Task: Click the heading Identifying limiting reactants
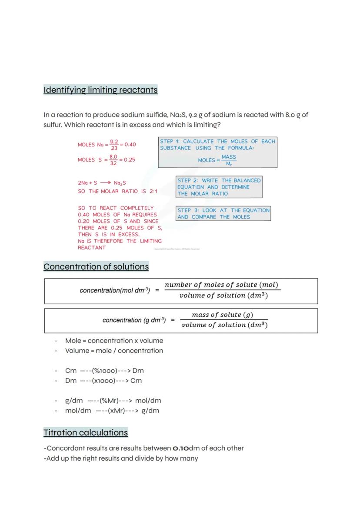tap(100, 90)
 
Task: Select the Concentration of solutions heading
tap(96, 267)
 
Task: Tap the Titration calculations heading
tap(86, 433)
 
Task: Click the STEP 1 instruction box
tap(217, 153)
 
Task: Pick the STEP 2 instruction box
tap(219, 187)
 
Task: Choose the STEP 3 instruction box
tap(223, 213)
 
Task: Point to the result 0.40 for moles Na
tap(130, 145)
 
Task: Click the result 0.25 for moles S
tap(129, 159)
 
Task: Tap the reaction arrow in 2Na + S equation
tap(105, 183)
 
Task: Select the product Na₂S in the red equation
tap(120, 183)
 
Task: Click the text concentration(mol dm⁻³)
tap(115, 290)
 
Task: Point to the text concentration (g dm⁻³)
tap(134, 320)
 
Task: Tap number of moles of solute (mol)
tap(221, 285)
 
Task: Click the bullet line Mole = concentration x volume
tap(114, 341)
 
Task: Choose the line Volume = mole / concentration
tap(114, 351)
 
